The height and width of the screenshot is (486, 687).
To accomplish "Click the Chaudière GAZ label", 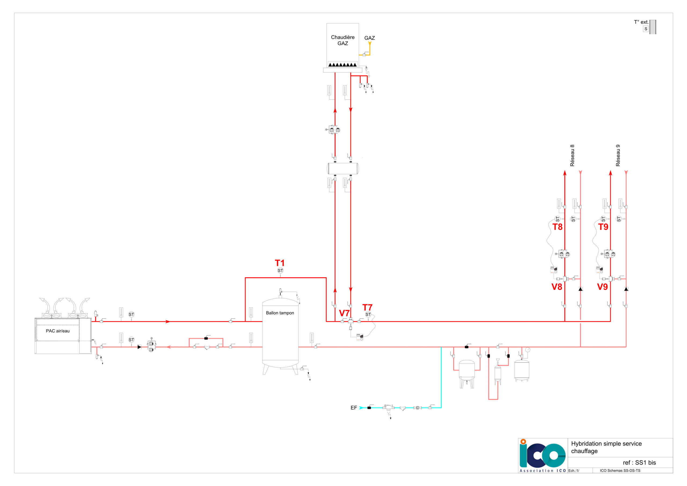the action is (x=343, y=40).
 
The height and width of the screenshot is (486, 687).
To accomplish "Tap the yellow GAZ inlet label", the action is (x=370, y=38).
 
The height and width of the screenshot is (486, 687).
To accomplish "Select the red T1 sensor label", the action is (x=280, y=263).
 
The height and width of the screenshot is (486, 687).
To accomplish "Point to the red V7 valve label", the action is (x=344, y=313).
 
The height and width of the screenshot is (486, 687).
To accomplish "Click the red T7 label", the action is (x=367, y=307).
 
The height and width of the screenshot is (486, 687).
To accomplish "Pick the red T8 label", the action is (x=557, y=227).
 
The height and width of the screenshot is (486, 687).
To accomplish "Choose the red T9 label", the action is (x=603, y=227).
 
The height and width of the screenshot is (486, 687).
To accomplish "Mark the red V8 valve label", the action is (x=557, y=287).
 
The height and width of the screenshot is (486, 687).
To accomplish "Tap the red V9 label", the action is (x=603, y=287).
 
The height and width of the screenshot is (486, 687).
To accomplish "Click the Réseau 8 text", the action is (x=572, y=156).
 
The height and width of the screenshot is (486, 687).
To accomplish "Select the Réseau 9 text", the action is (x=618, y=156).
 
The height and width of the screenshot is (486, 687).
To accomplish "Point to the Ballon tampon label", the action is (x=280, y=313).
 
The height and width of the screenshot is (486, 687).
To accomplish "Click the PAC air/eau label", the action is (x=58, y=331).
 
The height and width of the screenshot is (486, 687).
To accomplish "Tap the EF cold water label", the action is (x=354, y=408).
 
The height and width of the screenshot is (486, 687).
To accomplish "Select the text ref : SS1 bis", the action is (x=640, y=463).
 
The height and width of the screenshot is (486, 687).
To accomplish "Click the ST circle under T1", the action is (x=280, y=271).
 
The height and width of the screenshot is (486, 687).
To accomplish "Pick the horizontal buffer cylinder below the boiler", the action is (x=343, y=168).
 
